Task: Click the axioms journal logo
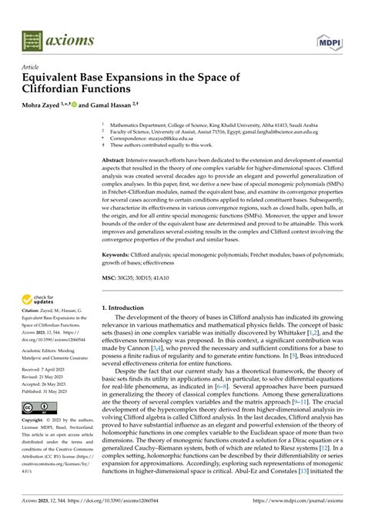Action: (49, 35)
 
